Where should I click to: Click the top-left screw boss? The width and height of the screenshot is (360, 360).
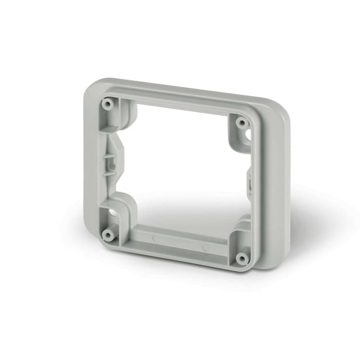click(108, 103)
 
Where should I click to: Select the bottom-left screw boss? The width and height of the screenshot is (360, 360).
click(108, 234)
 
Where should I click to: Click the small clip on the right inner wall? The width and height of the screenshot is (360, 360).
click(249, 183)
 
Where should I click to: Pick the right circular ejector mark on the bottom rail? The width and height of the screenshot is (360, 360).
click(204, 247)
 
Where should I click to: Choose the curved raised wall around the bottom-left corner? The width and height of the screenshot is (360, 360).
click(124, 205)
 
